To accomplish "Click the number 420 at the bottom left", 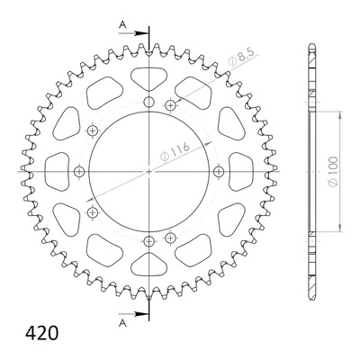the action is [41, 333].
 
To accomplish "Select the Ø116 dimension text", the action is [175, 152].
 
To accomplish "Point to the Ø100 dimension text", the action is [333, 171].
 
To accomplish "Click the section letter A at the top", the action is [122, 24].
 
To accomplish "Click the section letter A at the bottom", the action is [122, 323].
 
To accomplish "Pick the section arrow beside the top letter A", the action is [134, 33].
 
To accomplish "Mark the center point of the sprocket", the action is [149, 172].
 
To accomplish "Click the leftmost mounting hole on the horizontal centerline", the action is [79, 172].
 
